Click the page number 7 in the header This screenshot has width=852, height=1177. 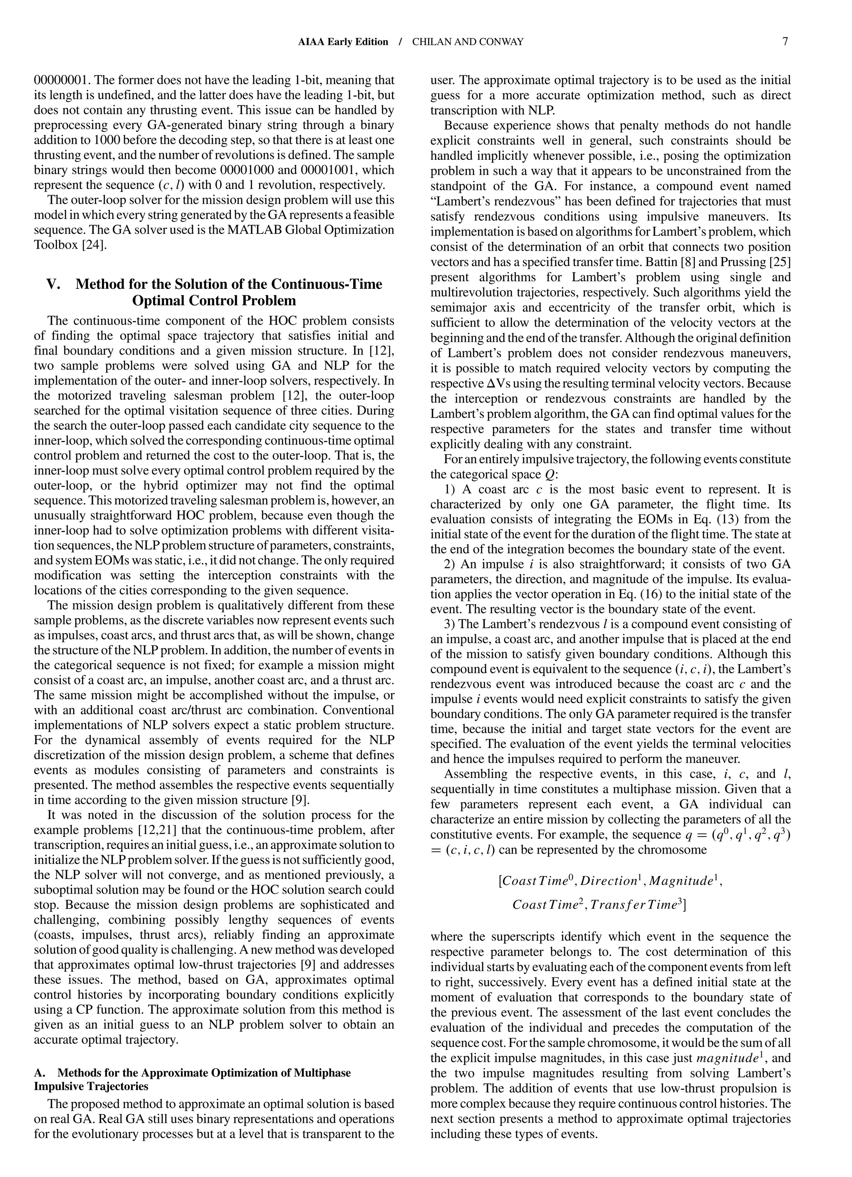785,42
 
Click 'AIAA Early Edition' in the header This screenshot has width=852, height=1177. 343,42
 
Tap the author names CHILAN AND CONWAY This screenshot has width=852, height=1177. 468,42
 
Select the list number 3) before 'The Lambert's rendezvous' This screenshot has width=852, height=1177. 450,624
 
